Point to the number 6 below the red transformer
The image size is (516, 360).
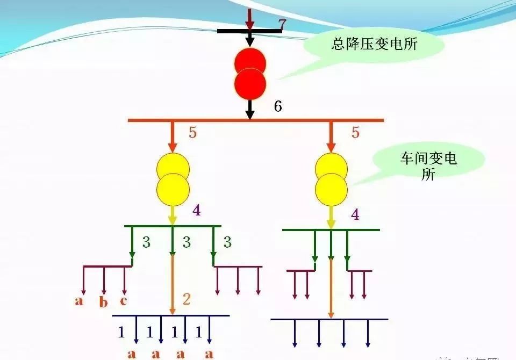pos(278,106)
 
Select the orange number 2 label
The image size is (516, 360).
pos(186,300)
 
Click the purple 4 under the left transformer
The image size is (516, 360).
pos(197,211)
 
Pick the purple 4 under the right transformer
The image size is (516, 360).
pos(355,215)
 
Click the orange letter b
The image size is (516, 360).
pos(103,303)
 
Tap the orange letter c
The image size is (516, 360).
pos(124,300)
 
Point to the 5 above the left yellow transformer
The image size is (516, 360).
pos(192,133)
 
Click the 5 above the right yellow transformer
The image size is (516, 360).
pos(355,132)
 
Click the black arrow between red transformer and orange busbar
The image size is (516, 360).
pos(249,109)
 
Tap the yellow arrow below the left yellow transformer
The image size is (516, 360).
pos(173,215)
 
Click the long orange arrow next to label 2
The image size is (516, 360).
pos(173,285)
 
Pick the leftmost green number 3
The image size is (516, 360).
pos(146,242)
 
